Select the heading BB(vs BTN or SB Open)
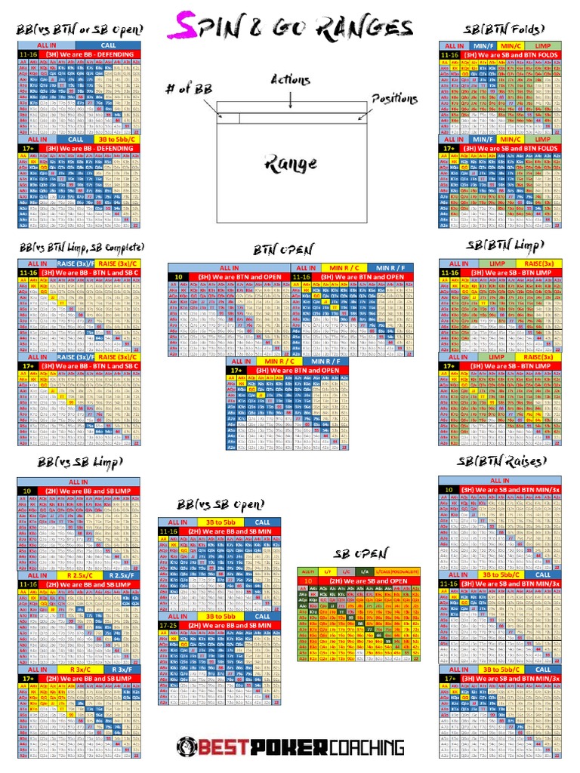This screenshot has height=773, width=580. [x=80, y=29]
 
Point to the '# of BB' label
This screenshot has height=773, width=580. [x=187, y=90]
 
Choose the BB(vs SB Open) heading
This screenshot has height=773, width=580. [x=220, y=504]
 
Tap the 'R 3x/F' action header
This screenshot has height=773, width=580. [x=120, y=669]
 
